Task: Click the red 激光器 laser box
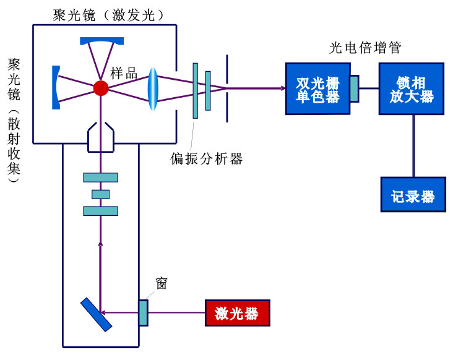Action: coord(238,313)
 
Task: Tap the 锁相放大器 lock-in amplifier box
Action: coord(412,88)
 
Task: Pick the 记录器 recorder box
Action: coord(413,194)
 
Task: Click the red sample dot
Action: coord(101,88)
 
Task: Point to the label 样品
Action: coord(124,72)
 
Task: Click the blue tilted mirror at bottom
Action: coord(96,314)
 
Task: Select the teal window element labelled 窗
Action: coord(143,312)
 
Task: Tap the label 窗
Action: coord(162,284)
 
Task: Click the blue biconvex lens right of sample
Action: coord(153,88)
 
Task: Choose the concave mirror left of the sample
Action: coord(57,88)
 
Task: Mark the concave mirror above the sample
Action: coord(101,41)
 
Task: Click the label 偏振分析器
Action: coord(207,158)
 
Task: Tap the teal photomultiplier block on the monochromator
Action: coord(354,88)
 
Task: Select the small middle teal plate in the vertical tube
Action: coord(100,194)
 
